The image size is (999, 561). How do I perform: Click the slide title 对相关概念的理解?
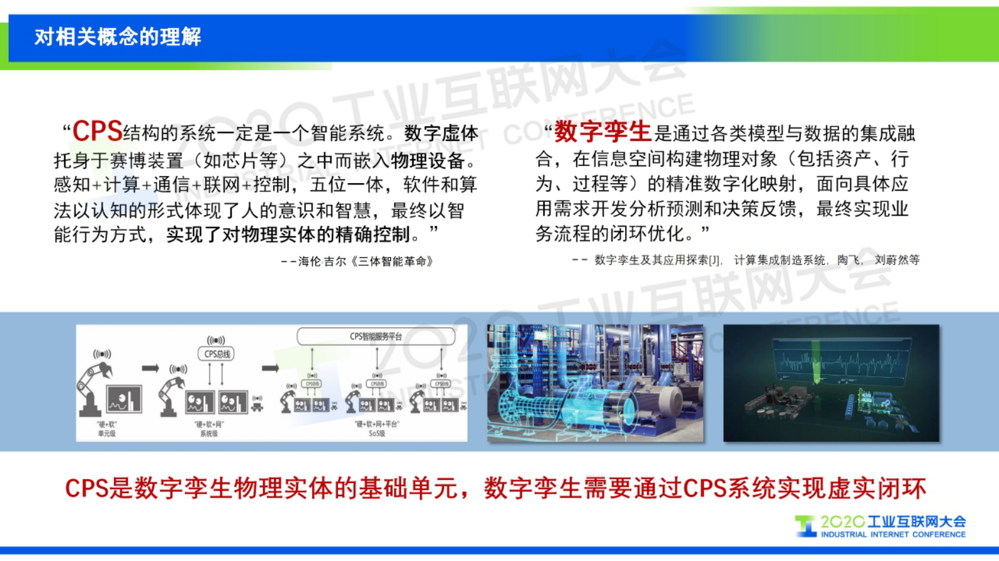118,37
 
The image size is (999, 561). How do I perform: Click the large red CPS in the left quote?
97,131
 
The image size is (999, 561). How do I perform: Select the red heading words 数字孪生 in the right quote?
602,131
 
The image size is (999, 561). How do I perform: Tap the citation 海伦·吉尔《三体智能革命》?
365,261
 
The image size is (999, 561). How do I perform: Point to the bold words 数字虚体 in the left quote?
441,133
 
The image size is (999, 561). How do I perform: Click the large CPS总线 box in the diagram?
217,354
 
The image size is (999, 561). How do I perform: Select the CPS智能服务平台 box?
376,336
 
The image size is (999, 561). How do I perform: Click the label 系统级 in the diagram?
209,433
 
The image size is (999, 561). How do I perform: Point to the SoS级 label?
376,433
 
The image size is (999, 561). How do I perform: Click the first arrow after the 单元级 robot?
150,368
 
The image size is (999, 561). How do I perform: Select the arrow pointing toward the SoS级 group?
270,368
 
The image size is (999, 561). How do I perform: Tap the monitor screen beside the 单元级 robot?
124,399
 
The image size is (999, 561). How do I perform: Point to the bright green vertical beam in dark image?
817,365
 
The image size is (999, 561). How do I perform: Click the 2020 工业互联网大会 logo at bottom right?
881,526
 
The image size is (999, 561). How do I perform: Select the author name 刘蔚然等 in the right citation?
897,260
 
